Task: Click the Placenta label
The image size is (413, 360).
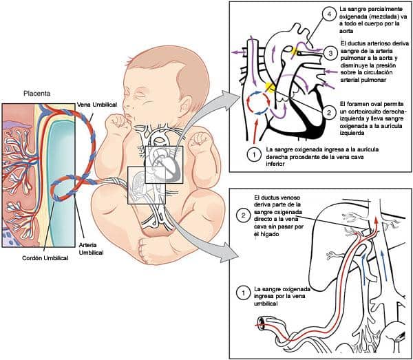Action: click(x=36, y=92)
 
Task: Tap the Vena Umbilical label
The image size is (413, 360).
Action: click(x=96, y=103)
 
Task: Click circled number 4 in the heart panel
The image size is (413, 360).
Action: click(x=330, y=14)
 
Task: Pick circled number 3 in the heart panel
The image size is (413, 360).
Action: click(x=330, y=52)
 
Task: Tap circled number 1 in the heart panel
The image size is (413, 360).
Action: click(x=253, y=152)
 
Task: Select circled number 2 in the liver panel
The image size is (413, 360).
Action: click(x=243, y=216)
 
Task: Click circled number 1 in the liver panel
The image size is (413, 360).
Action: click(x=242, y=293)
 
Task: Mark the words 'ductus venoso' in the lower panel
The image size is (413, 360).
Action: click(x=273, y=197)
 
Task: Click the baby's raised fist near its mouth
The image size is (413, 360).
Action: click(x=119, y=124)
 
